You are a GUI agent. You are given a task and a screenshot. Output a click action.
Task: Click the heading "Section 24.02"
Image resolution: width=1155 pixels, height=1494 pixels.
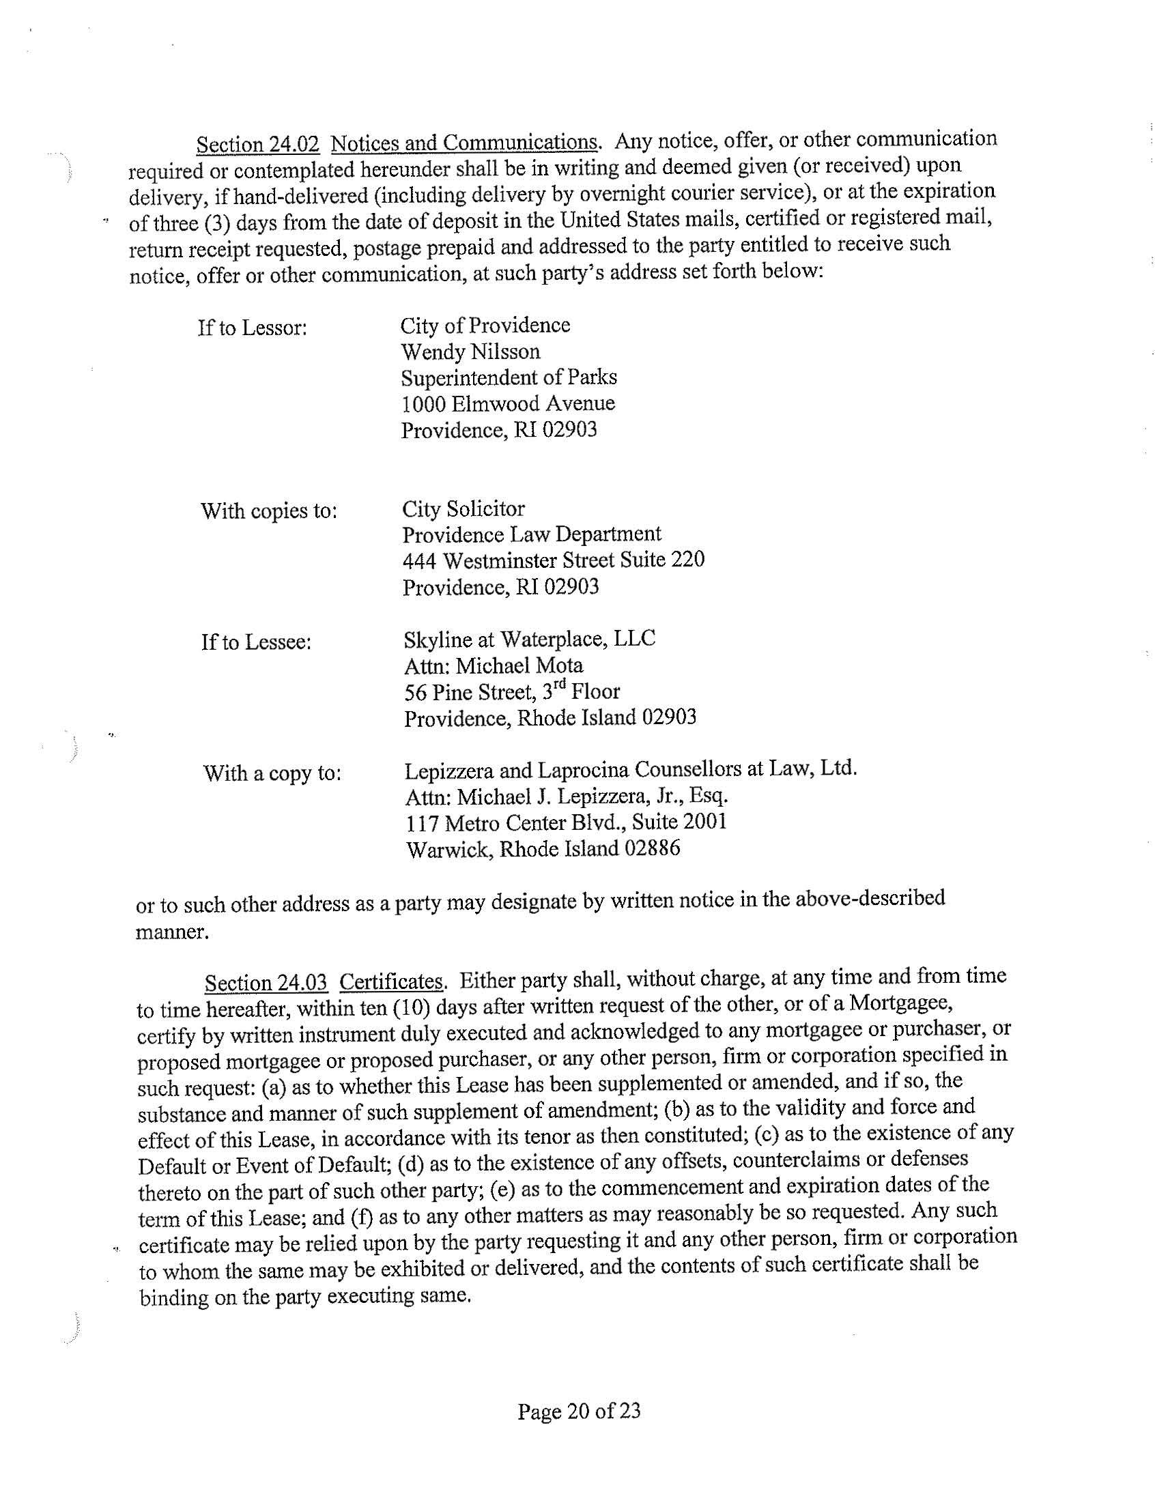(x=258, y=145)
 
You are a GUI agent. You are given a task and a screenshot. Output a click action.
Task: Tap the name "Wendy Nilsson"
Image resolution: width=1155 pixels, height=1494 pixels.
(x=470, y=351)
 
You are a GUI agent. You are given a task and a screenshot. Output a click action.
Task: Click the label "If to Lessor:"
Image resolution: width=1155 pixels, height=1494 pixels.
(x=253, y=328)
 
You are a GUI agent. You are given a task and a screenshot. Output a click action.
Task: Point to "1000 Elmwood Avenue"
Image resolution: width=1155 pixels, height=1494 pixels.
(x=508, y=403)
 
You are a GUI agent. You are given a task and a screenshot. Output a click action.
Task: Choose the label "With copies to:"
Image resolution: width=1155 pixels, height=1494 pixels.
(x=269, y=512)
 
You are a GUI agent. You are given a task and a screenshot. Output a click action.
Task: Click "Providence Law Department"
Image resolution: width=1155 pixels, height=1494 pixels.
(x=532, y=534)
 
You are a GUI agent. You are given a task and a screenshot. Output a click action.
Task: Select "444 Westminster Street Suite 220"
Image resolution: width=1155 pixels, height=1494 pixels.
(x=553, y=561)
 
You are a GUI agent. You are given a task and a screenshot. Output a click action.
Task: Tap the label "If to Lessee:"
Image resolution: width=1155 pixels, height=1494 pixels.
(x=257, y=643)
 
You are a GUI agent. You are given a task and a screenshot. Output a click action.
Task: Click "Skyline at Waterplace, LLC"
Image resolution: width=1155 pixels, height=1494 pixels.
(x=530, y=640)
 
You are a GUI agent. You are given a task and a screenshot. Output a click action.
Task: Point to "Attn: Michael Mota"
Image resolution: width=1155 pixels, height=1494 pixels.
(x=494, y=665)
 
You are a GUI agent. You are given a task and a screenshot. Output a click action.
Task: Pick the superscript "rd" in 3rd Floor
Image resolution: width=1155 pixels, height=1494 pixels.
(x=560, y=687)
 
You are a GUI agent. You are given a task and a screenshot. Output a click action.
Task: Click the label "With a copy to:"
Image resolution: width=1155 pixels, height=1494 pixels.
(x=272, y=774)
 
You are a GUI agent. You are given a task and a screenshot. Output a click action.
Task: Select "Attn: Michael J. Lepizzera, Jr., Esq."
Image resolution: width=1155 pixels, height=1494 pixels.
(x=567, y=797)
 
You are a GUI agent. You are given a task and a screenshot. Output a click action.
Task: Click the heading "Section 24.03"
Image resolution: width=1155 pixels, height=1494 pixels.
(x=266, y=983)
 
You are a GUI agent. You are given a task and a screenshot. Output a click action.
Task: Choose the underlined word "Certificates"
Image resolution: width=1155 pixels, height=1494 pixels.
(x=391, y=982)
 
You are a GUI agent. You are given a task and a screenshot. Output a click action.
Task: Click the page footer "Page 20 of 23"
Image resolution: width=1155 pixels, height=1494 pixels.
(x=579, y=1411)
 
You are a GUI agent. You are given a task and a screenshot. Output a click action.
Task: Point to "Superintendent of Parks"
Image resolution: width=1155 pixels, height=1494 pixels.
(x=509, y=377)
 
